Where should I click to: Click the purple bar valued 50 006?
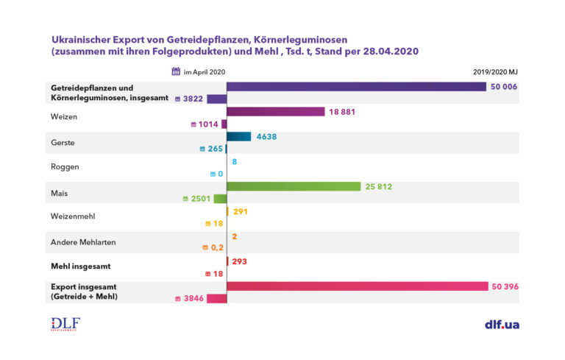[356, 86]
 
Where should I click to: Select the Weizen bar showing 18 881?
[275, 112]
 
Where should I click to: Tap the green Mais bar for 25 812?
[293, 187]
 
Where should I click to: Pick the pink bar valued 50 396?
[357, 286]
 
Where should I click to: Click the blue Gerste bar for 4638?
[239, 136]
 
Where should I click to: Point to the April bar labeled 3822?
[216, 99]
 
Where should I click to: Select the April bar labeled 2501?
[219, 199]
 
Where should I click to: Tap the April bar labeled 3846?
[216, 298]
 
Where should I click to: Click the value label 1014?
[208, 124]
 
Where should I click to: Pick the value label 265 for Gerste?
[214, 149]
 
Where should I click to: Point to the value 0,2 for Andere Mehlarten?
[217, 248]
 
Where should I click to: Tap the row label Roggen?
[64, 166]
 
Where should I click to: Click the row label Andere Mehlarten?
[83, 242]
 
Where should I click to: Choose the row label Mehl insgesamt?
[80, 267]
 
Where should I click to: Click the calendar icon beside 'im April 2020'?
[176, 71]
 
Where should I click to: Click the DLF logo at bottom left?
[65, 324]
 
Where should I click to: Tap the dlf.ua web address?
[502, 324]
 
